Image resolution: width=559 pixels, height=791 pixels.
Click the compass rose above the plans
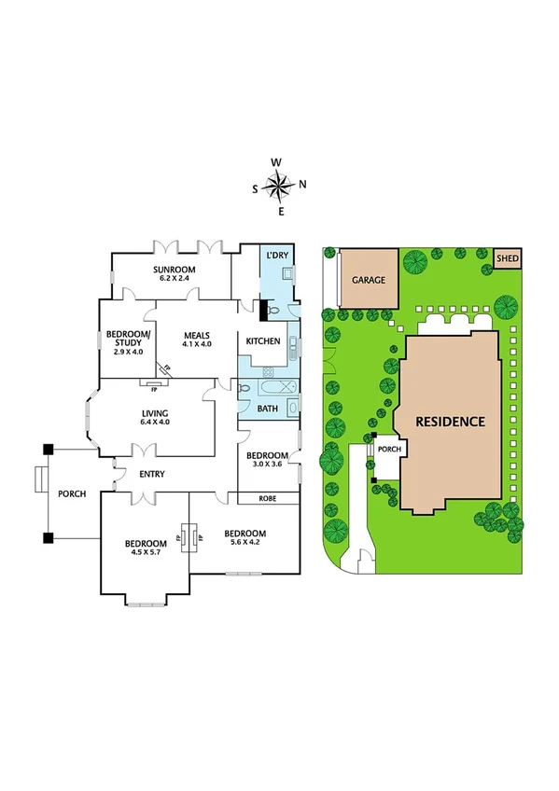(278, 187)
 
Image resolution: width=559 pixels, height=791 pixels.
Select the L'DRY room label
(276, 256)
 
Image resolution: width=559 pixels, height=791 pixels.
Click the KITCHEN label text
(263, 341)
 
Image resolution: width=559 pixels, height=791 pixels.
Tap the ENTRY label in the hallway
(151, 475)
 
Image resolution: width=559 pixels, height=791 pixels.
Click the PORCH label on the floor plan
(72, 493)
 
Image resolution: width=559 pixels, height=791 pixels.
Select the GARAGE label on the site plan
(369, 280)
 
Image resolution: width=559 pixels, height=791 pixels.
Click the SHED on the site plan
(508, 258)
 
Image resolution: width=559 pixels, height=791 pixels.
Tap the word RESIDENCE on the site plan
(452, 422)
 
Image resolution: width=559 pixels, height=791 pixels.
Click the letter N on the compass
(302, 184)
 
